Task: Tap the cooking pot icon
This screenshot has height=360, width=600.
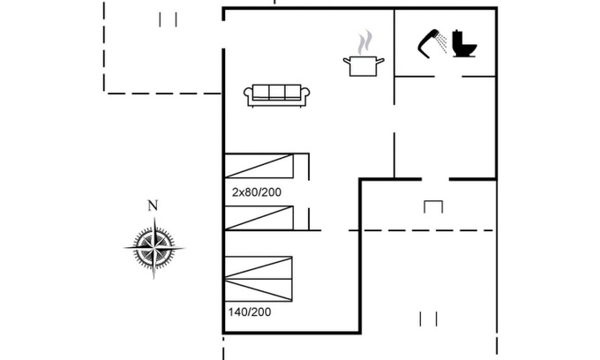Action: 364,65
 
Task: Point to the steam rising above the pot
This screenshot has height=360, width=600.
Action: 364,42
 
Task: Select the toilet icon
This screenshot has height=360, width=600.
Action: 464,44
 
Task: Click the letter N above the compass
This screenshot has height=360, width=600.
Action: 153,206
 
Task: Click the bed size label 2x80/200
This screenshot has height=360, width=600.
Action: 256,191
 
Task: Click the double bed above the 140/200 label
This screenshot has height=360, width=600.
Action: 258,279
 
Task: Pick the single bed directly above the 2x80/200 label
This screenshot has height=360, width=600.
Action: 258,166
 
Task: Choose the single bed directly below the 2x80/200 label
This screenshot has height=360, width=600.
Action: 258,217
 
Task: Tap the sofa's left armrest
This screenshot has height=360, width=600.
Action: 249,96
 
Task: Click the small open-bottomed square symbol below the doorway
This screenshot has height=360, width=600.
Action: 432,206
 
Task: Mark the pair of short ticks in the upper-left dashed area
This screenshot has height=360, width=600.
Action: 169,19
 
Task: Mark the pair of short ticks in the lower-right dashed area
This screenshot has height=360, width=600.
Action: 429,318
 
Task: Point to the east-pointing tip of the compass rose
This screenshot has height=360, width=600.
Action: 184,249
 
